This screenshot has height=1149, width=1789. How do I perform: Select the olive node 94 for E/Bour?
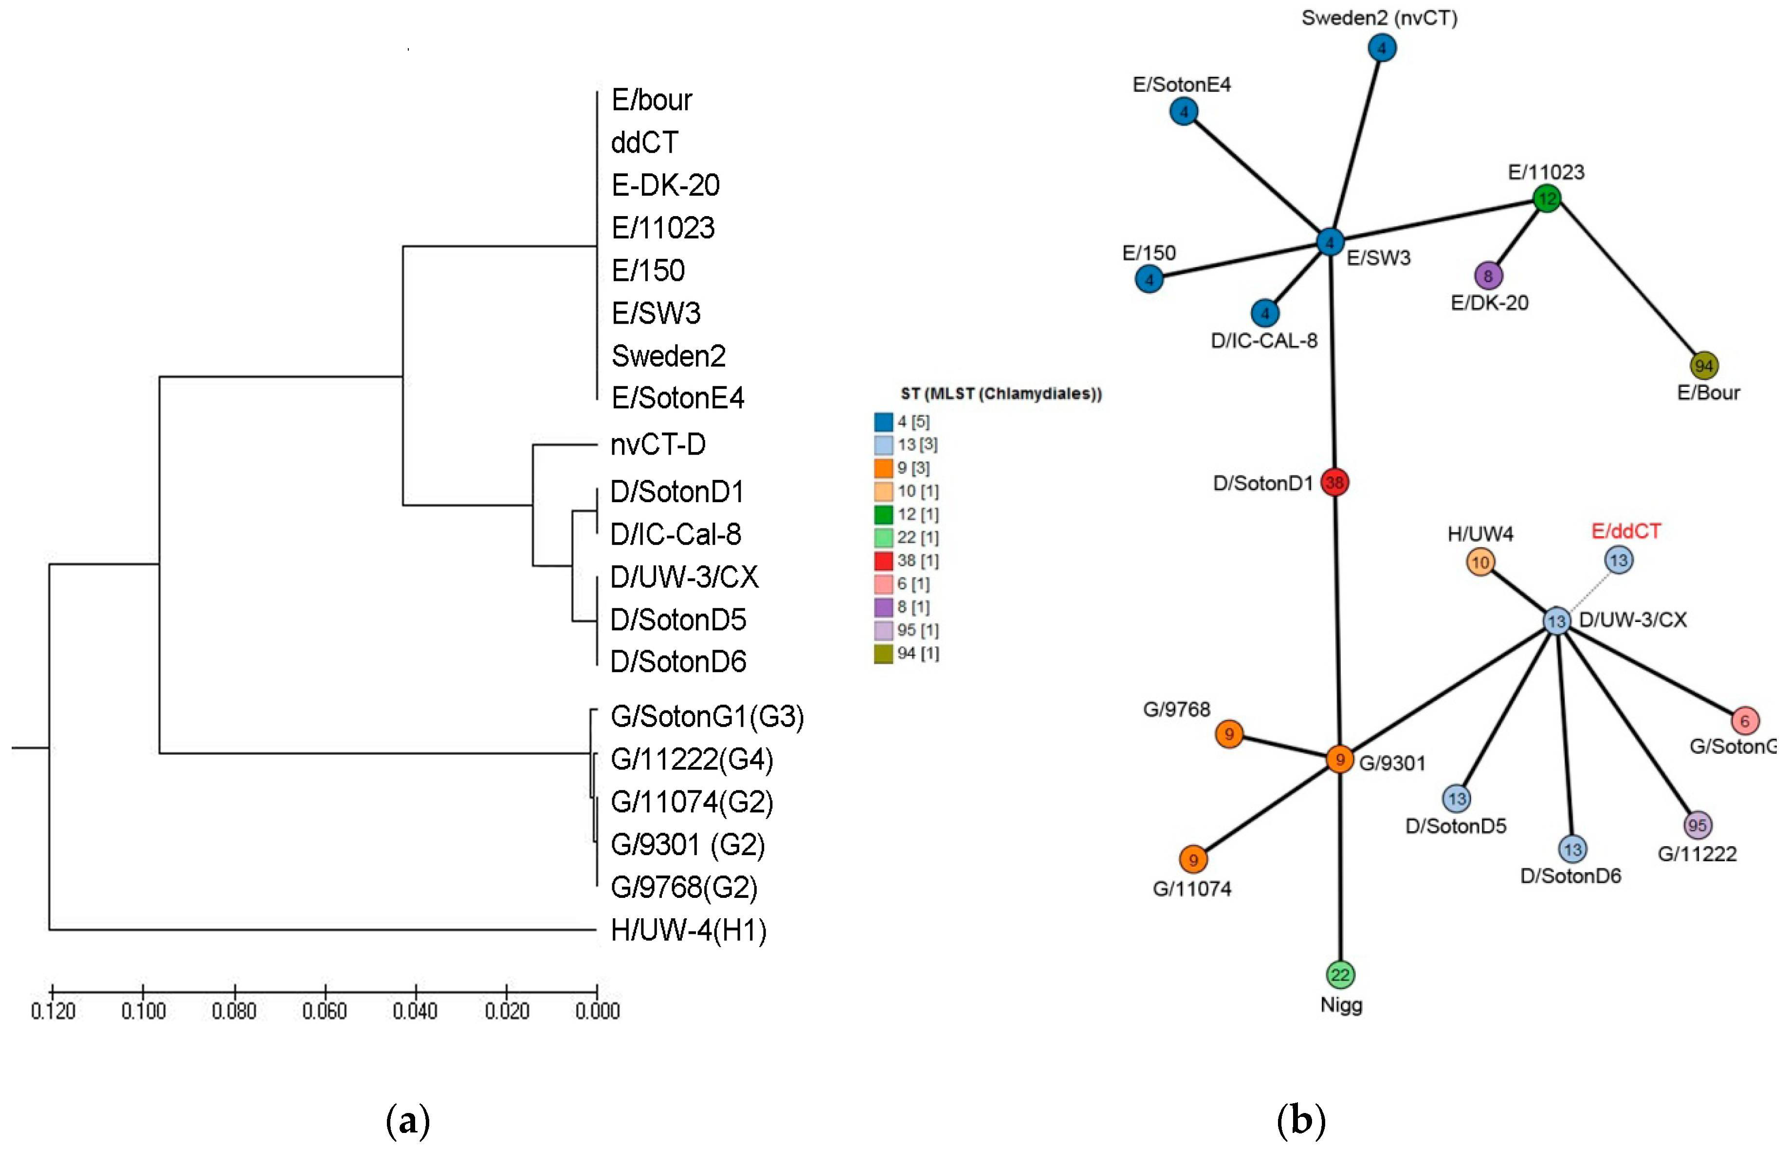[1703, 365]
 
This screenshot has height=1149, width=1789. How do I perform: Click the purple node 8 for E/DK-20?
[1488, 276]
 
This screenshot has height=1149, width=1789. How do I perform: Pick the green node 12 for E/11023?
[1547, 199]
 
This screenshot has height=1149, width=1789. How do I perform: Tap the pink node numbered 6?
[1745, 721]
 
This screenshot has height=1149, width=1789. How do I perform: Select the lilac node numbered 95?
[1697, 825]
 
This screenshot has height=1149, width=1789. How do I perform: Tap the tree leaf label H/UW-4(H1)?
[688, 930]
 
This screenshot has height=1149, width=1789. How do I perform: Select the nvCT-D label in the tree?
[657, 445]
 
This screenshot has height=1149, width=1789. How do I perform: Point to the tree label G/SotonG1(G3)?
[707, 716]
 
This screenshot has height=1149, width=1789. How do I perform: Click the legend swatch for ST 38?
[883, 560]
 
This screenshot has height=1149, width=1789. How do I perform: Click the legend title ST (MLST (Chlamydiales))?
[1001, 394]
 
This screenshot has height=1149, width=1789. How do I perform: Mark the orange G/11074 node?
[1193, 859]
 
